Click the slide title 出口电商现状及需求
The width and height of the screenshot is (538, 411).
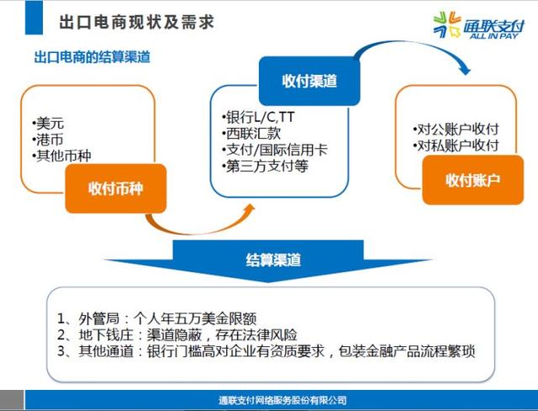pyautogui.click(x=136, y=22)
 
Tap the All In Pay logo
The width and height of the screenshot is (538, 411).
pyautogui.click(x=479, y=25)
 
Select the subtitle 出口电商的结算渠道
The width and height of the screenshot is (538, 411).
pyautogui.click(x=92, y=57)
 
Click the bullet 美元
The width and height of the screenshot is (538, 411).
pyautogui.click(x=48, y=124)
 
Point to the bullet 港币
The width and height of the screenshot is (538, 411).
pyautogui.click(x=48, y=140)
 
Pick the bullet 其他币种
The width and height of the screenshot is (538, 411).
pyautogui.click(x=61, y=156)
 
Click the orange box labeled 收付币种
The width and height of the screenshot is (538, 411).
pyautogui.click(x=116, y=188)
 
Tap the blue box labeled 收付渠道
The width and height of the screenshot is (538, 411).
pyautogui.click(x=309, y=81)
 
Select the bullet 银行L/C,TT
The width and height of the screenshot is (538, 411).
pyautogui.click(x=258, y=118)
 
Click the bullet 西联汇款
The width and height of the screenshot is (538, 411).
pyautogui.click(x=251, y=134)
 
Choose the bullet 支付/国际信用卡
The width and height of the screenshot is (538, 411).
pyautogui.click(x=275, y=150)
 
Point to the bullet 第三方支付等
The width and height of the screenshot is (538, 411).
pyautogui.click(x=265, y=166)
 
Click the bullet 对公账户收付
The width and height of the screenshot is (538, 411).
pyautogui.click(x=456, y=129)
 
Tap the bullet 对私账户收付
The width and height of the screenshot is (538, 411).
pyautogui.click(x=456, y=145)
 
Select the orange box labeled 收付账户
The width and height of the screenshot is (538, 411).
pyautogui.click(x=472, y=180)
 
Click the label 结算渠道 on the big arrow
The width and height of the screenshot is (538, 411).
pyautogui.click(x=273, y=260)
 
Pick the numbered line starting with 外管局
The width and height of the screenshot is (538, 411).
pyautogui.click(x=157, y=319)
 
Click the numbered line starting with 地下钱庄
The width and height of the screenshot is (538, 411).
pyautogui.click(x=177, y=335)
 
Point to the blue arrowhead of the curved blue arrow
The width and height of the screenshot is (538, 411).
pyautogui.click(x=465, y=69)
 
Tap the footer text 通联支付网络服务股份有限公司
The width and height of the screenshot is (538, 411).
pyautogui.click(x=282, y=400)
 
